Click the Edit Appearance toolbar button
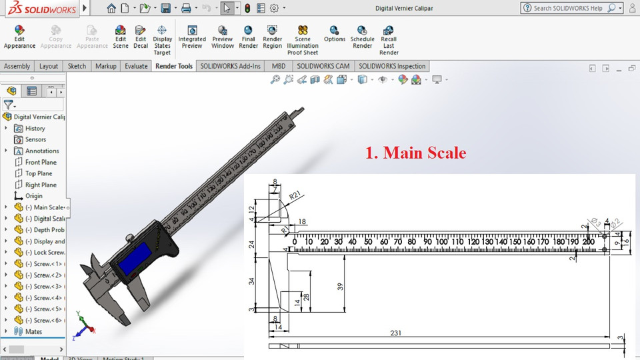click(19, 37)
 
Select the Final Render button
click(248, 37)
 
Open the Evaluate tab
click(136, 66)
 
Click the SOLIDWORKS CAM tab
click(323, 66)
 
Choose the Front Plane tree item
click(40, 162)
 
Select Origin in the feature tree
click(33, 196)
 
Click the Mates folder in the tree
click(33, 331)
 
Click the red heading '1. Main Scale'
click(415, 153)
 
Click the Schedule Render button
click(362, 37)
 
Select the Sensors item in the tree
click(35, 139)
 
